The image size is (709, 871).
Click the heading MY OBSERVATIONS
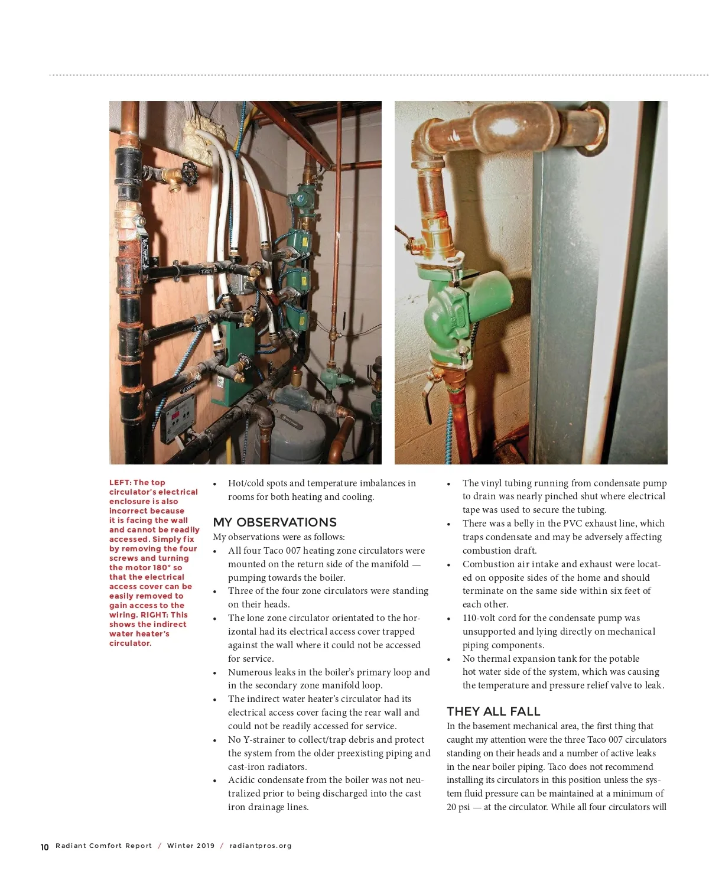(275, 522)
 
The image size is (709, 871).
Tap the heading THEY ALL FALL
(493, 711)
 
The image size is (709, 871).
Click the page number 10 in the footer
(44, 847)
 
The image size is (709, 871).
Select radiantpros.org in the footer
(261, 846)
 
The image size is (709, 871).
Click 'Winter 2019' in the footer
(191, 846)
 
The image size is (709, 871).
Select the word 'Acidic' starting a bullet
(242, 780)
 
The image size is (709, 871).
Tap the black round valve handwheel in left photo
(189, 175)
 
